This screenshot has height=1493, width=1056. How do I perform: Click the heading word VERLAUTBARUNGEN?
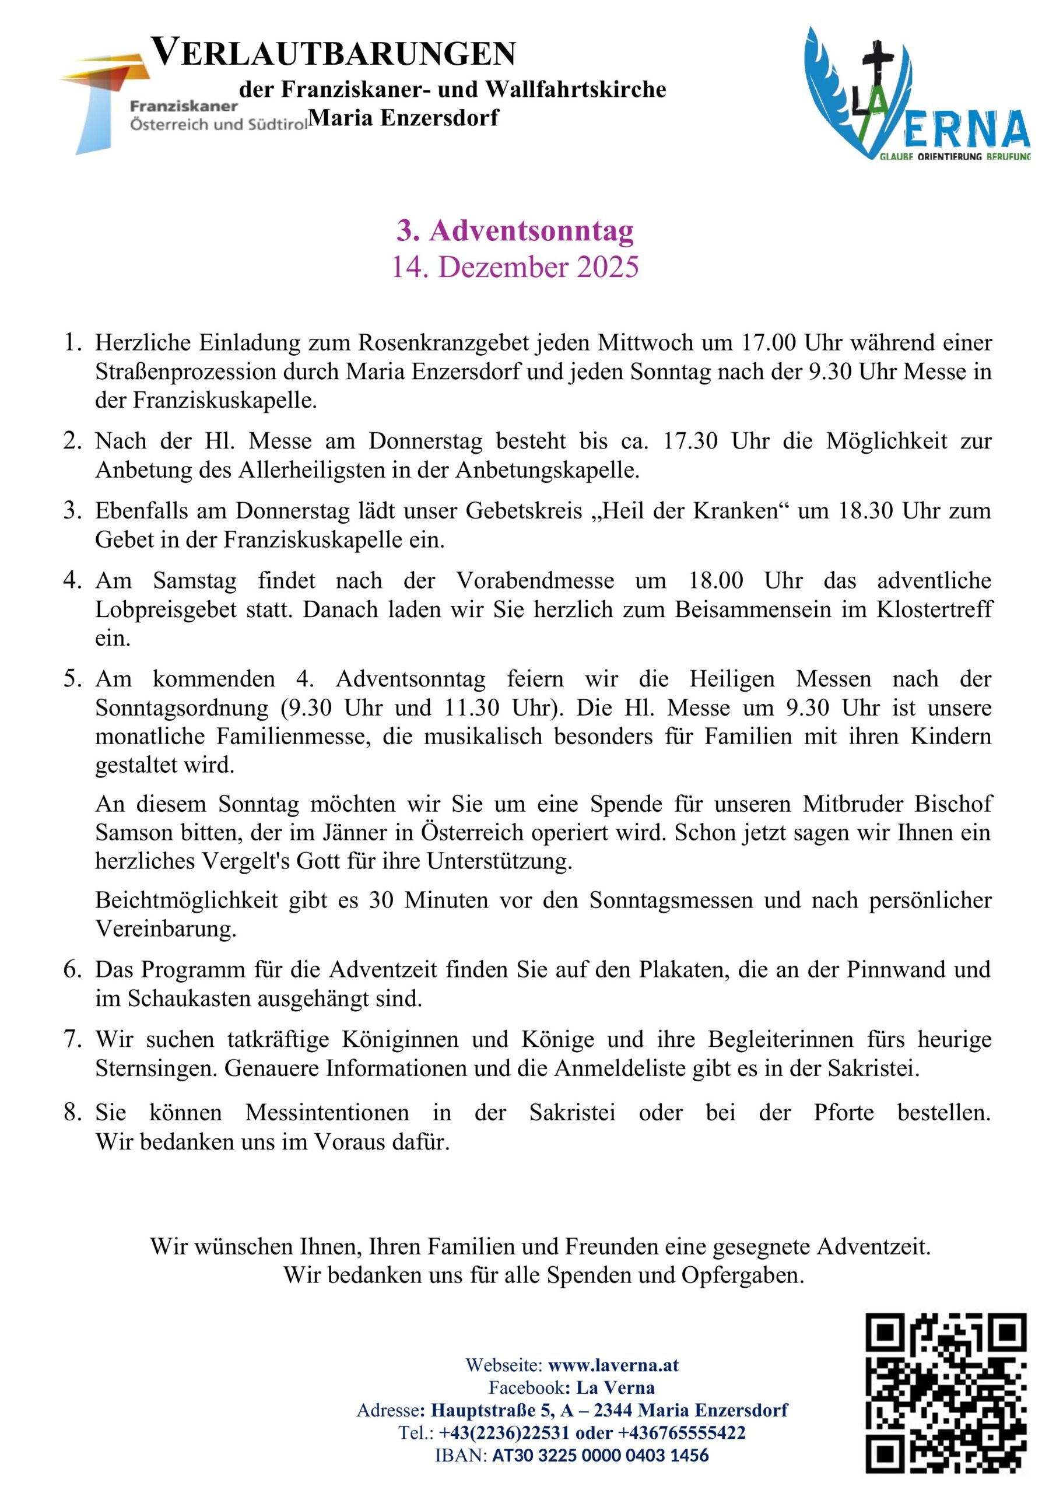334,53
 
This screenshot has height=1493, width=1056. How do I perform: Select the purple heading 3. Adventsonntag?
515,231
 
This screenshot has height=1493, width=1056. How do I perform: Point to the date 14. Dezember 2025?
515,267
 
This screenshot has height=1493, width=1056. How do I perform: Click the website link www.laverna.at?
613,1365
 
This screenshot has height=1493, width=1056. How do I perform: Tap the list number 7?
72,1039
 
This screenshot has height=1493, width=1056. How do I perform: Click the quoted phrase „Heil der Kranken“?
689,510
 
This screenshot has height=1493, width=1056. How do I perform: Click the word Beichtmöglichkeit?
187,900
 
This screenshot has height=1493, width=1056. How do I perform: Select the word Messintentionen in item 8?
327,1113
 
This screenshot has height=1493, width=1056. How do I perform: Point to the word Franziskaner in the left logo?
183,106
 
